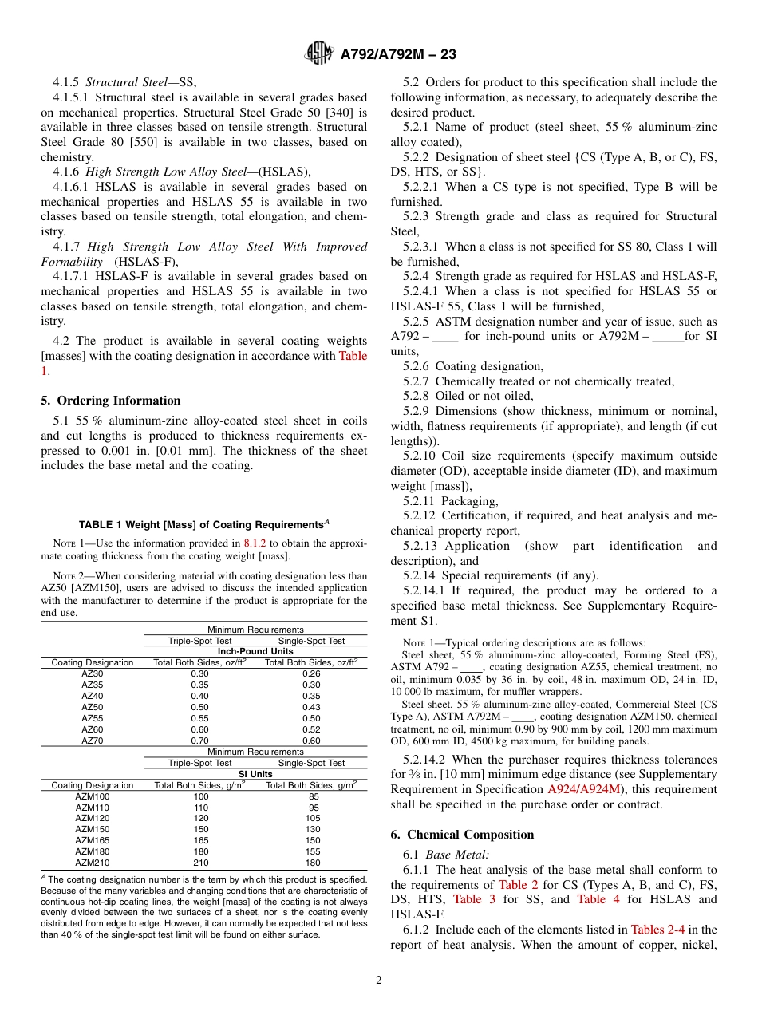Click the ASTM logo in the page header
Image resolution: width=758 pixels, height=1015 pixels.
[319, 54]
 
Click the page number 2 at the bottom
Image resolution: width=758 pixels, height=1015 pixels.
[379, 980]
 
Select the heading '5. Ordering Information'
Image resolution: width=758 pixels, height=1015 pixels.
[111, 401]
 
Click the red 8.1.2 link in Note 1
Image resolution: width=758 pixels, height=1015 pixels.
[255, 543]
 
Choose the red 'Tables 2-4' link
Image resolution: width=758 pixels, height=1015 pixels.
[658, 929]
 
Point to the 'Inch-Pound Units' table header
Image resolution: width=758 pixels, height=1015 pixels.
[255, 651]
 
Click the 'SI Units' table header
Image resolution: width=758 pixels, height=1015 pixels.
[255, 774]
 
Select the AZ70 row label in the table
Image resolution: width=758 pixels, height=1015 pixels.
[93, 741]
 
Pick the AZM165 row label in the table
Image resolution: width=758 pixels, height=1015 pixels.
[93, 840]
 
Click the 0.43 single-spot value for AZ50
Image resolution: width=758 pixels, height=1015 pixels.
[311, 707]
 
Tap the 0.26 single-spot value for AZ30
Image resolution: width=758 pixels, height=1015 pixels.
[311, 673]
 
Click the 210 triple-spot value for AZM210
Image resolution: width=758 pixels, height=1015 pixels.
[200, 863]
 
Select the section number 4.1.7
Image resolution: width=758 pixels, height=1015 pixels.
[66, 247]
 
